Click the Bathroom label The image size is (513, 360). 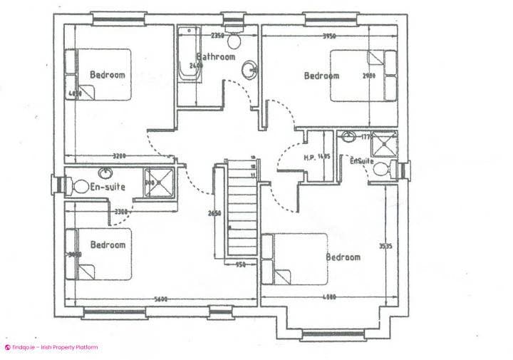[x=216, y=56]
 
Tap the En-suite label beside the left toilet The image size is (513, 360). [x=109, y=187]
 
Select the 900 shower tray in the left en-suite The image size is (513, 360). [x=158, y=181]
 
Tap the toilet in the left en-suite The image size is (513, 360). [x=76, y=187]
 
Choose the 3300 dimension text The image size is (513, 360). [x=120, y=211]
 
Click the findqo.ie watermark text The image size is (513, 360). [x=53, y=348]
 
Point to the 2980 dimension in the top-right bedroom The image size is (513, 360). [x=368, y=75]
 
